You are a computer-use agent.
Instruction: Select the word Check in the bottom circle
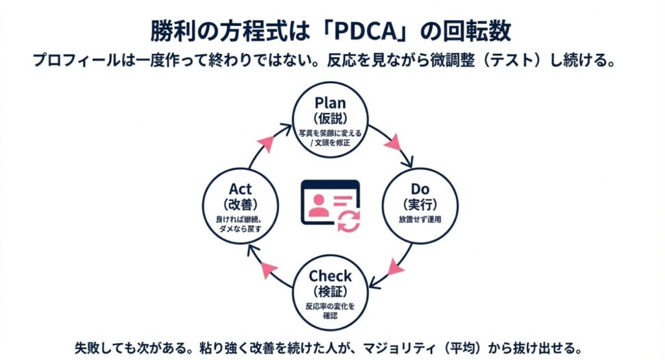click(x=330, y=275)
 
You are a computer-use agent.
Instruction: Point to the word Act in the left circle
click(x=240, y=189)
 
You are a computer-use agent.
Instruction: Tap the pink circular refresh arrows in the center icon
click(x=349, y=221)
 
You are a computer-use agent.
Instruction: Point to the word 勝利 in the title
click(x=168, y=31)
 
